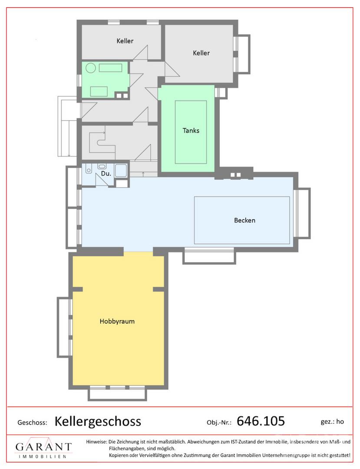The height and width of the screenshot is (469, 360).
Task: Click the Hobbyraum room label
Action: click(117, 321)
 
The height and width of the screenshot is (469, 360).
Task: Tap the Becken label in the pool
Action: click(244, 221)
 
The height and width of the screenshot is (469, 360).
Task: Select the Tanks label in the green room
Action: click(191, 130)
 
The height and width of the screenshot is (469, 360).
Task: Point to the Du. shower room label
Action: click(106, 173)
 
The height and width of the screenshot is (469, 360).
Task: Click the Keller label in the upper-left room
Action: click(125, 41)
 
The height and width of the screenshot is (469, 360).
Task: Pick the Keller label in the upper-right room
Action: click(201, 53)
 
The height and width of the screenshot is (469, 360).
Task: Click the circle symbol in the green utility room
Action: click(91, 68)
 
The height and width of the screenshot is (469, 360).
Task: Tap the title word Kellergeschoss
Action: click(98, 421)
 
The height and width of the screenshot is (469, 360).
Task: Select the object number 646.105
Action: click(261, 421)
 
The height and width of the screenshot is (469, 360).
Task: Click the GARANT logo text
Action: click(44, 447)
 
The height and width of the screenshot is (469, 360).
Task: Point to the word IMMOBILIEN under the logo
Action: click(43, 457)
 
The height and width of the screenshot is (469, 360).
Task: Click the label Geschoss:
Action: click(32, 423)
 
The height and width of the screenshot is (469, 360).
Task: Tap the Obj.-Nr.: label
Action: click(219, 423)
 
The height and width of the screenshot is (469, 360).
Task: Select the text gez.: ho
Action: click(332, 422)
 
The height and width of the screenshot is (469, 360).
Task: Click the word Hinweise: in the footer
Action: click(96, 442)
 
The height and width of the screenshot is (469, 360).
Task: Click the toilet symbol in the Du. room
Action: click(88, 168)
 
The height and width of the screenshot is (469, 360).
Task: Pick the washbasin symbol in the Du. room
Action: click(102, 166)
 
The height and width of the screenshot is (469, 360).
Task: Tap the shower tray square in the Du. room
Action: click(122, 171)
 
